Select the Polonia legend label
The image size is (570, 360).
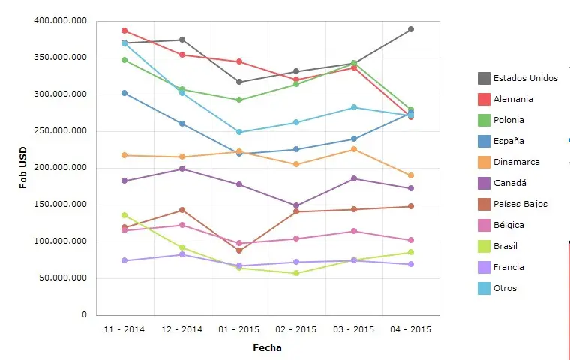point(508,120)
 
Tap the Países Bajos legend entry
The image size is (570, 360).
point(520,204)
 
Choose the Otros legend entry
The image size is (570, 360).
point(505,288)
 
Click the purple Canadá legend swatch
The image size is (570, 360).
point(484,183)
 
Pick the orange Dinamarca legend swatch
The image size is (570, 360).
point(484,162)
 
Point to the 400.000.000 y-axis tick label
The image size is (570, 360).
point(61,21)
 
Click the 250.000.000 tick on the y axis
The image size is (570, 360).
point(61,131)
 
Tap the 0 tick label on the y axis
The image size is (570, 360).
point(85,315)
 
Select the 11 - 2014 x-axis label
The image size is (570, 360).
point(124,329)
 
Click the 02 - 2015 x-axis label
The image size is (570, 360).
point(296,329)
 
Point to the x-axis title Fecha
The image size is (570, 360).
point(267,348)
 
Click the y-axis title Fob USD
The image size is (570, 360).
point(23,167)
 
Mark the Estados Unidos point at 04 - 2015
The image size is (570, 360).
point(411,29)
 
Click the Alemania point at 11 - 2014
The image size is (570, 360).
point(124,31)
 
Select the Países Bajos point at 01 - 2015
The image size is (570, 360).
point(239,250)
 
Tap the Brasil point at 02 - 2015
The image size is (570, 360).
point(296,273)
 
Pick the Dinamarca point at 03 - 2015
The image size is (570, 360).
point(354,149)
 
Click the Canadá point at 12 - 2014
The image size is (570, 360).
point(182,169)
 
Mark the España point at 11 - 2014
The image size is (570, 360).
point(124,93)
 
